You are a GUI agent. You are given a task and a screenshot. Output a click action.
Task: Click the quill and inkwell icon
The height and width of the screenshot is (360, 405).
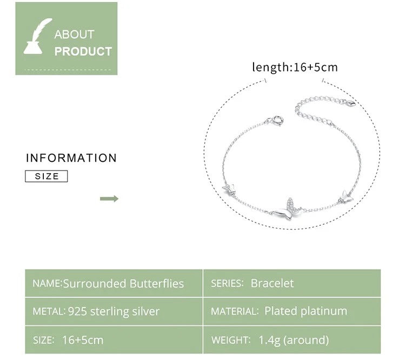coord(37,37)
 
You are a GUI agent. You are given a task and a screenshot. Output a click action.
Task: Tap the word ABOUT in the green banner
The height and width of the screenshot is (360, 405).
coord(74,35)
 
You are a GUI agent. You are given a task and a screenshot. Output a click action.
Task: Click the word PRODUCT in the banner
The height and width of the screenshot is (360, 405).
coord(83,51)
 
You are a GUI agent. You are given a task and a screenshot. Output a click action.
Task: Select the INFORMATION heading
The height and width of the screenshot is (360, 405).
coord(71,158)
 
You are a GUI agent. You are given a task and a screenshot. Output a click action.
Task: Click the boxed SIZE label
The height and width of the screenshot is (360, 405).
coord(47,176)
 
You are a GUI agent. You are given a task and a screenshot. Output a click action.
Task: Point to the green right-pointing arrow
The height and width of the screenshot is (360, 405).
coord(109,199)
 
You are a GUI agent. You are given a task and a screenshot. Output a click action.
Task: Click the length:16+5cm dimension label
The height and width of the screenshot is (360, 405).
coord(295,67)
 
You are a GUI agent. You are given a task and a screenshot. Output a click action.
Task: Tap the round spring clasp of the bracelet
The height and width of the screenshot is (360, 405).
coord(277,120)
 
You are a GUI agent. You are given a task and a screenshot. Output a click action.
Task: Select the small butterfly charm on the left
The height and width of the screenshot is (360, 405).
coord(230,189)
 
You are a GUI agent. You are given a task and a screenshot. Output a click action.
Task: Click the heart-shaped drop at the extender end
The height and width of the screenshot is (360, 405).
coord(351,103)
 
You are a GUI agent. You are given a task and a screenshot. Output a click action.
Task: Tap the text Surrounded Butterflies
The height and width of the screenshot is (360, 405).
coord(123,284)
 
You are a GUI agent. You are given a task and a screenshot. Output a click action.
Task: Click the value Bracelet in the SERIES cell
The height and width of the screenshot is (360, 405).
coord(272,283)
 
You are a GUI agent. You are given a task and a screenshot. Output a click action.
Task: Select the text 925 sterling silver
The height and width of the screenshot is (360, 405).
coord(114,311)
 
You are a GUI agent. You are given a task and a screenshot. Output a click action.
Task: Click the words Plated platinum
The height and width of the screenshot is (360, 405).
coord(306,311)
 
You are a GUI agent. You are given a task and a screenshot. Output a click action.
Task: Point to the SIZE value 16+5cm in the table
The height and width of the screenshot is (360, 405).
coord(83,340)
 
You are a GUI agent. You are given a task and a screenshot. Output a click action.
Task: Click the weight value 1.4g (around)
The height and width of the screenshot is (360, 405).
coord(294,340)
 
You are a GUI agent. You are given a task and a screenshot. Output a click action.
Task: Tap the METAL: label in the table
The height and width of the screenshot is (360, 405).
coord(49,311)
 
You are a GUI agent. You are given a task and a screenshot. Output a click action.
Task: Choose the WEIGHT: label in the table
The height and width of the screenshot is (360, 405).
coord(231,340)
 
